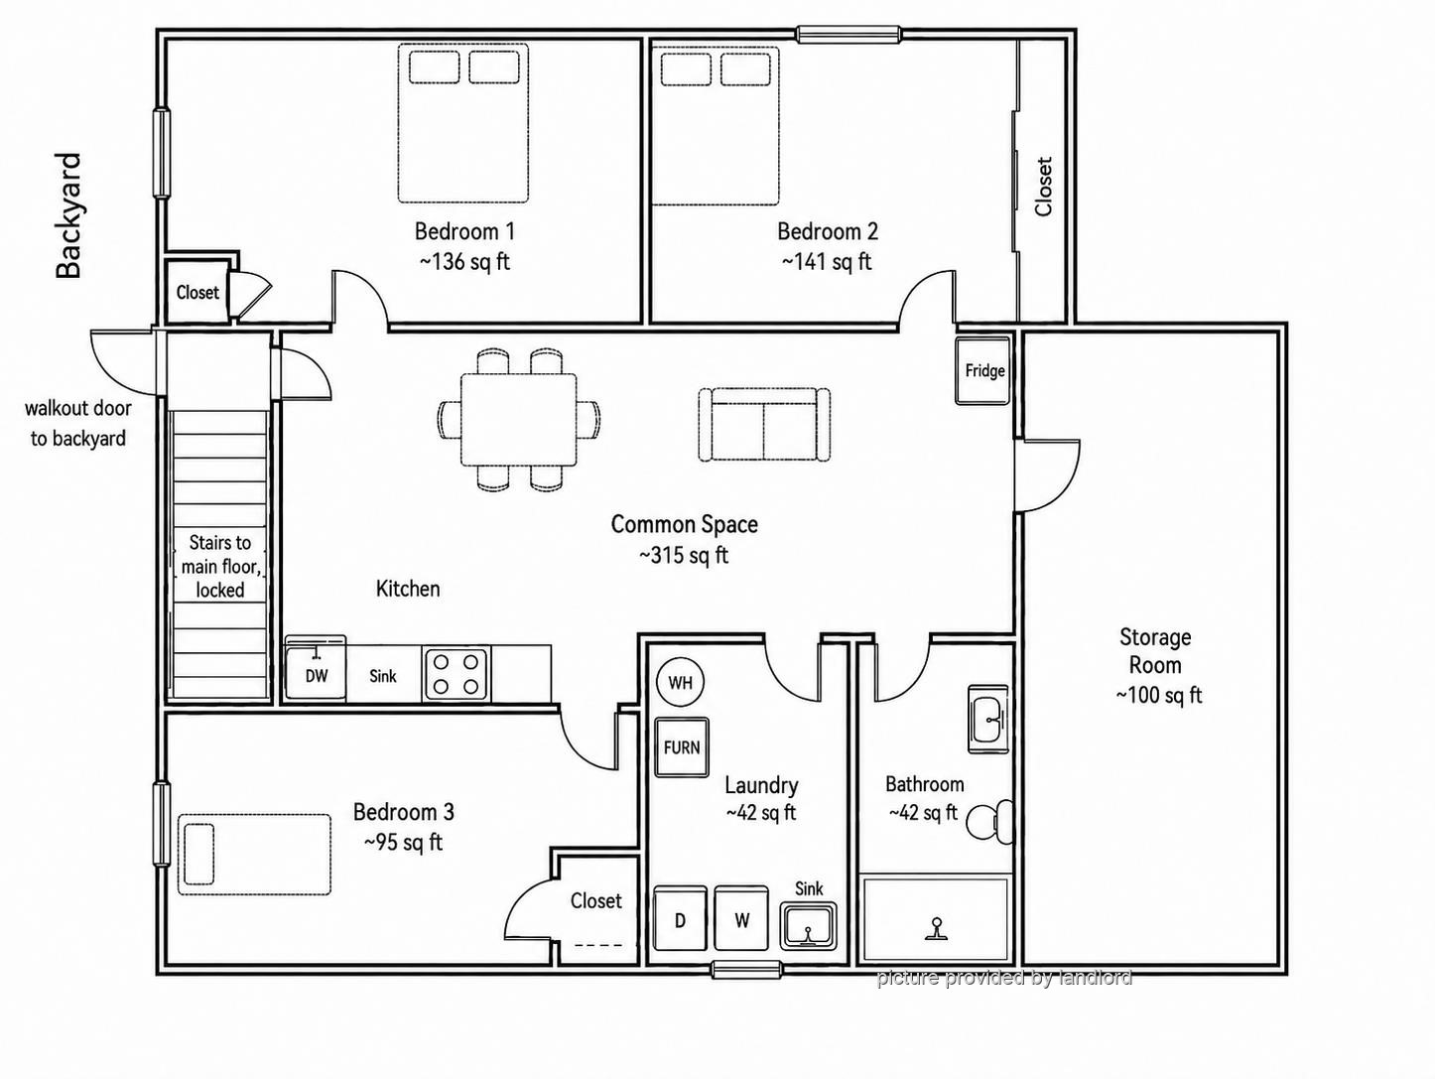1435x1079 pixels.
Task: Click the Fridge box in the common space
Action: click(x=981, y=371)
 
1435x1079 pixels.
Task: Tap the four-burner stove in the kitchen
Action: click(x=456, y=674)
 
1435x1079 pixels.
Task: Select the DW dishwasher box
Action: click(x=317, y=668)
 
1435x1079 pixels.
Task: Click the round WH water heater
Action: click(x=680, y=683)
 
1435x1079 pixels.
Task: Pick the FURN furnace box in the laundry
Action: click(x=682, y=746)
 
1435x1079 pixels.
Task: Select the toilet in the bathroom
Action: click(x=989, y=822)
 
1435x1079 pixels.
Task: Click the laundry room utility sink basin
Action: click(x=808, y=926)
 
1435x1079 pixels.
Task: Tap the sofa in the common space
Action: click(x=764, y=425)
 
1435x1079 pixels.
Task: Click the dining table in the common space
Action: click(x=519, y=420)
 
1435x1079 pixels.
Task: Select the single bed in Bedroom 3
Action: click(x=254, y=854)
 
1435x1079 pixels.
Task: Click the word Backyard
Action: click(x=68, y=215)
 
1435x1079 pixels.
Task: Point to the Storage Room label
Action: click(x=1155, y=651)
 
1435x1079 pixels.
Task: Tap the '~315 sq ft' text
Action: click(x=683, y=555)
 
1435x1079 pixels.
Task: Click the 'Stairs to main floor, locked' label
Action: click(x=220, y=567)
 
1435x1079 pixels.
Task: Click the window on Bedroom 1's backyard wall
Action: click(x=161, y=153)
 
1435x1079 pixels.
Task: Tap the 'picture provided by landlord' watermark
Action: click(x=1004, y=978)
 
